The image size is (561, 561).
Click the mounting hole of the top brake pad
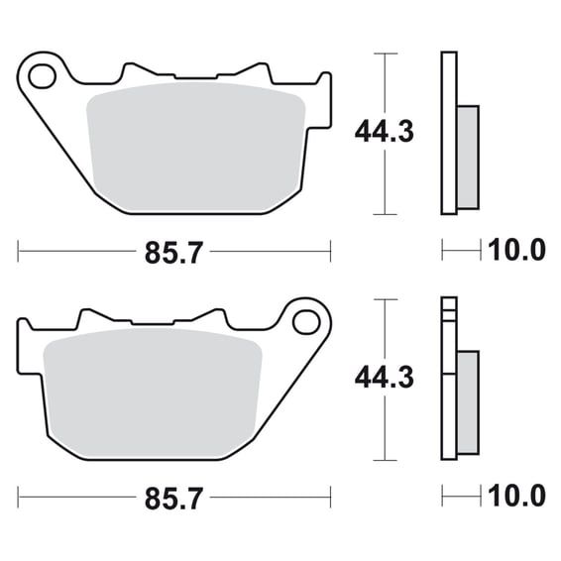pyautogui.click(x=43, y=76)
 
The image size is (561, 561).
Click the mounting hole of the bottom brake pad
pyautogui.click(x=306, y=322)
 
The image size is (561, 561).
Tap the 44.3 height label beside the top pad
pyautogui.click(x=385, y=132)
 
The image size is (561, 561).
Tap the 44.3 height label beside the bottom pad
pyautogui.click(x=385, y=378)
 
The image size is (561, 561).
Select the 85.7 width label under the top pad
pyautogui.click(x=173, y=253)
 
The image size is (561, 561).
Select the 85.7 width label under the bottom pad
pyautogui.click(x=173, y=498)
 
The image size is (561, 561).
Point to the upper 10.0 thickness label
pyautogui.click(x=516, y=250)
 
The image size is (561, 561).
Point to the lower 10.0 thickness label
pyautogui.click(x=516, y=496)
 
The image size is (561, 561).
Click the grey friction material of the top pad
pyautogui.click(x=195, y=147)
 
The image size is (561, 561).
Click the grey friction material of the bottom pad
pyautogui.click(x=153, y=393)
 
